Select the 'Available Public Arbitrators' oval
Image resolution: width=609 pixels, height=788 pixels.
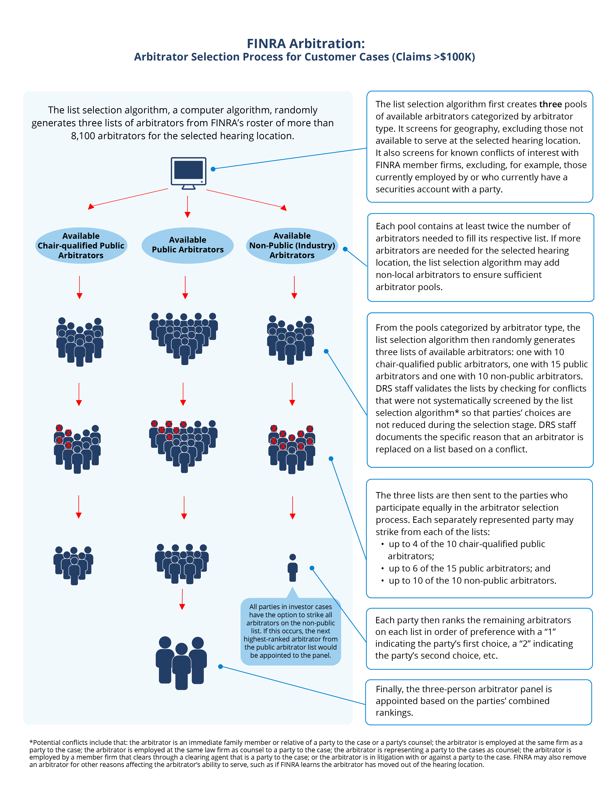(187, 245)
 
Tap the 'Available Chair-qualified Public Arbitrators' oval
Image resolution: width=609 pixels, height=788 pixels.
(81, 245)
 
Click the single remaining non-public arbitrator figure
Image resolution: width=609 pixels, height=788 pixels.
(292, 568)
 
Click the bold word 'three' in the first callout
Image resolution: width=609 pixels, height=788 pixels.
(550, 104)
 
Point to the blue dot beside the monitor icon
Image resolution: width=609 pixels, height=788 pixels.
(213, 169)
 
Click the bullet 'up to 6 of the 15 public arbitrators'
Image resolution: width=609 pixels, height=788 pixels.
(469, 568)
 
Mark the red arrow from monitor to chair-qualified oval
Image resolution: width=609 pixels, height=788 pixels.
(128, 198)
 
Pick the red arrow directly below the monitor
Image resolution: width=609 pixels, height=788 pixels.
(187, 207)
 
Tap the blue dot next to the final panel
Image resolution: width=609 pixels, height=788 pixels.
(220, 666)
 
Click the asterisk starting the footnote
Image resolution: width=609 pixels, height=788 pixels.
(31, 742)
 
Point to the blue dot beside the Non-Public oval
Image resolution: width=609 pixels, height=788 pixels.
(345, 249)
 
